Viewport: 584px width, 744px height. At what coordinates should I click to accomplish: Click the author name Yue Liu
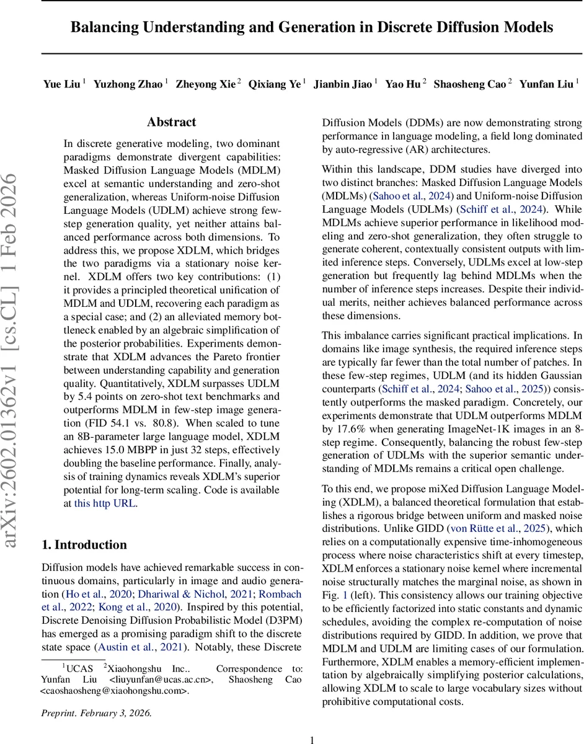[61, 84]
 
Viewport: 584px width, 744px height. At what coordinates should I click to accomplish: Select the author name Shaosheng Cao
[469, 84]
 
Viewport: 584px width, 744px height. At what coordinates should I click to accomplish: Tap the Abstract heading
[172, 122]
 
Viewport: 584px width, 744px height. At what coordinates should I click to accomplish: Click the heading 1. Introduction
[84, 544]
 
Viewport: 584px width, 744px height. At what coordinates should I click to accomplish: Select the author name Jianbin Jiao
[342, 84]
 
